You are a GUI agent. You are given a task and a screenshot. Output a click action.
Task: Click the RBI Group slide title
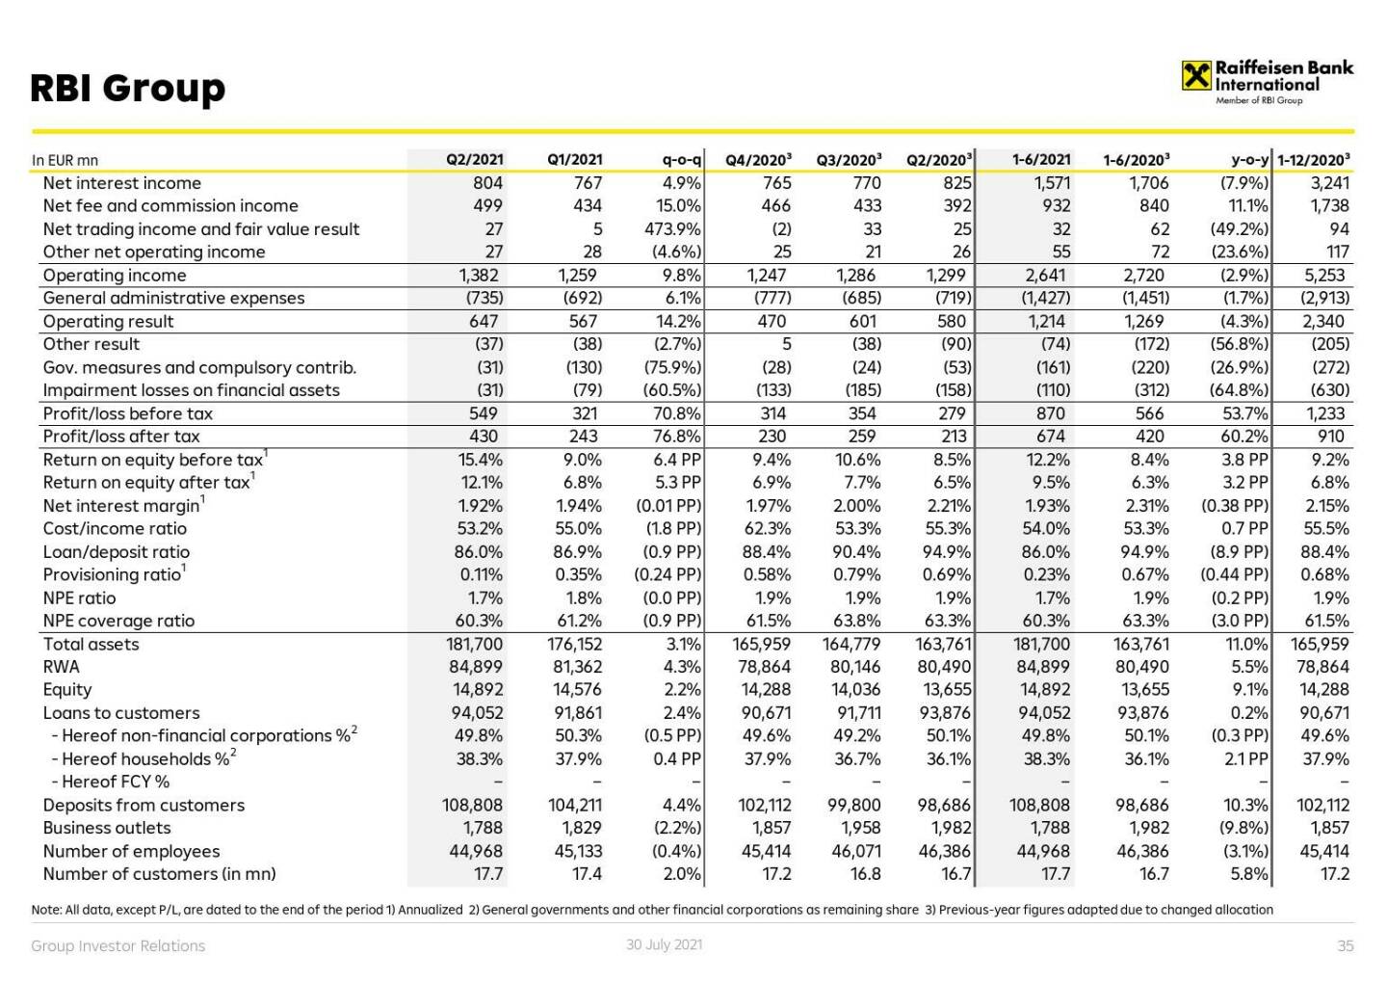click(x=128, y=89)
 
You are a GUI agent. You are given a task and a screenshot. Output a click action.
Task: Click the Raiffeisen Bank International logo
click(x=1267, y=81)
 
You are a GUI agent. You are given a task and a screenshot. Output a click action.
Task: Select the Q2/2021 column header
click(x=474, y=160)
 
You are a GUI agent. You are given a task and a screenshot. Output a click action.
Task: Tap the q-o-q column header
click(x=681, y=160)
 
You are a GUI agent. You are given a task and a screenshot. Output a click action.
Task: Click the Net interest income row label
click(x=122, y=183)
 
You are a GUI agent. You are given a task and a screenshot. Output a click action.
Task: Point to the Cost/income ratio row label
click(x=115, y=528)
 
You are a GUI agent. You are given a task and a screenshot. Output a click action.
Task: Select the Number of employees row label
click(x=131, y=851)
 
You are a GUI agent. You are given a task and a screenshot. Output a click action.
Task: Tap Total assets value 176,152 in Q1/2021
click(x=575, y=644)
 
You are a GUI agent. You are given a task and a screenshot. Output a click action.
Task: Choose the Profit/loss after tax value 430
click(x=484, y=437)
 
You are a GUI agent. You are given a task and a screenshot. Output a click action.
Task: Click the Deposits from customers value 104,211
click(x=575, y=805)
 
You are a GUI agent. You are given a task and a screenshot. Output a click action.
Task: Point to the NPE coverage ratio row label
click(x=118, y=621)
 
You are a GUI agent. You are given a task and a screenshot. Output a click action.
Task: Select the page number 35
click(x=1346, y=946)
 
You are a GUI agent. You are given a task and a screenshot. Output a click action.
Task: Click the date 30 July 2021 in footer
click(x=664, y=944)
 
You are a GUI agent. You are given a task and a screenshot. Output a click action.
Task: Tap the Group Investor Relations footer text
click(x=118, y=946)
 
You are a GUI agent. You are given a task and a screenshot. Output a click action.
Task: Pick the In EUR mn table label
click(x=65, y=161)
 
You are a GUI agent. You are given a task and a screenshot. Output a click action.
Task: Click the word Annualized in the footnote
click(x=430, y=910)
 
